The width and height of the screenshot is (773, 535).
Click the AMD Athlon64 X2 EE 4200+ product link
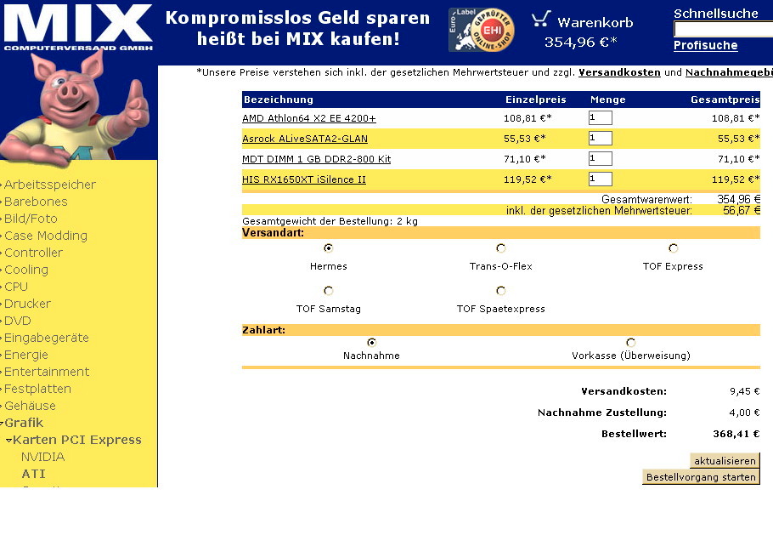point(309,118)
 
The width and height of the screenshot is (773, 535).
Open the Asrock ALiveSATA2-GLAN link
point(305,139)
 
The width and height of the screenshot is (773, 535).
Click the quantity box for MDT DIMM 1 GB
point(600,159)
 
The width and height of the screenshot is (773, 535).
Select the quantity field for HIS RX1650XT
point(600,179)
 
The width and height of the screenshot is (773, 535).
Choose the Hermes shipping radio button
point(329,248)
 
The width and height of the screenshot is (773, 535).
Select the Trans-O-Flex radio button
point(501,248)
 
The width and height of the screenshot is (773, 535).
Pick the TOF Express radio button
point(673,248)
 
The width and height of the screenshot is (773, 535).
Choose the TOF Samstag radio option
point(329,291)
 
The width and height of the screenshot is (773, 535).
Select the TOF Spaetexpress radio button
point(501,291)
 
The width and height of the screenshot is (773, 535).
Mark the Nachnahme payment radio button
point(371,342)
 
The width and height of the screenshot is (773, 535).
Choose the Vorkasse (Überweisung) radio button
point(630,343)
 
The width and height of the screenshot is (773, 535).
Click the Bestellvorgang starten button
point(701,477)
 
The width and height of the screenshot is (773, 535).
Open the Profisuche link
point(705,46)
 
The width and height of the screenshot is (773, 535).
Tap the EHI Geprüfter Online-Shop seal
point(482,30)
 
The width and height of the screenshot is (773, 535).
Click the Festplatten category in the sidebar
point(37,389)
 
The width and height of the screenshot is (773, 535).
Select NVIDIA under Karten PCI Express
point(42,457)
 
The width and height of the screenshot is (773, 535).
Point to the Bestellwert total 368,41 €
point(736,434)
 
